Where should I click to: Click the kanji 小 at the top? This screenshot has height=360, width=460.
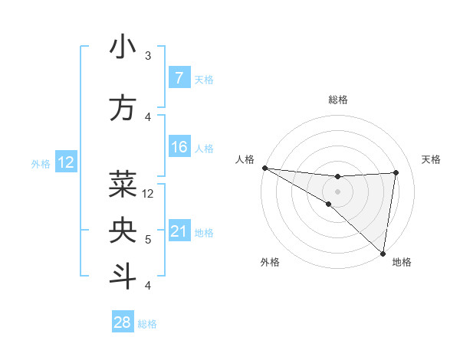point(123,47)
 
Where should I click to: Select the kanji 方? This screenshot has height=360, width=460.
point(123,108)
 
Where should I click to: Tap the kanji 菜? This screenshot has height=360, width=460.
point(123,183)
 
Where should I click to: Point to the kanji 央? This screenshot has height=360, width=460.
point(123,230)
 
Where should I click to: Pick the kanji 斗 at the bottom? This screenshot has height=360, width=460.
point(123,277)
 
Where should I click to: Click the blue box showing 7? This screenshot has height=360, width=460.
point(179,78)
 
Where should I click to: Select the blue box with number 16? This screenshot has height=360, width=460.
point(179,147)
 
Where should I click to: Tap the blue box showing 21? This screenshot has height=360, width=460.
point(179,232)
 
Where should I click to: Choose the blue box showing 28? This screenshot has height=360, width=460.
point(123,322)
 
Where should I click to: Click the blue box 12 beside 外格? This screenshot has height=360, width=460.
point(65,162)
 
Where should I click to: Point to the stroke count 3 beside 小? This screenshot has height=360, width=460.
point(148,56)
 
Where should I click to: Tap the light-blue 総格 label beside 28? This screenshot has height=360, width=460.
point(147,324)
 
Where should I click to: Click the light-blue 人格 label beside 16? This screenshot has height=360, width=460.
point(204,148)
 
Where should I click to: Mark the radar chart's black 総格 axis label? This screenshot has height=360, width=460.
point(338,100)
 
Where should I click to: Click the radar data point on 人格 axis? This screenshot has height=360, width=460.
point(264,168)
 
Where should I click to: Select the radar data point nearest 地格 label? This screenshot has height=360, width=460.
point(383,253)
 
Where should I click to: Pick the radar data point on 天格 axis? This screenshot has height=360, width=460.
point(396,172)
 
